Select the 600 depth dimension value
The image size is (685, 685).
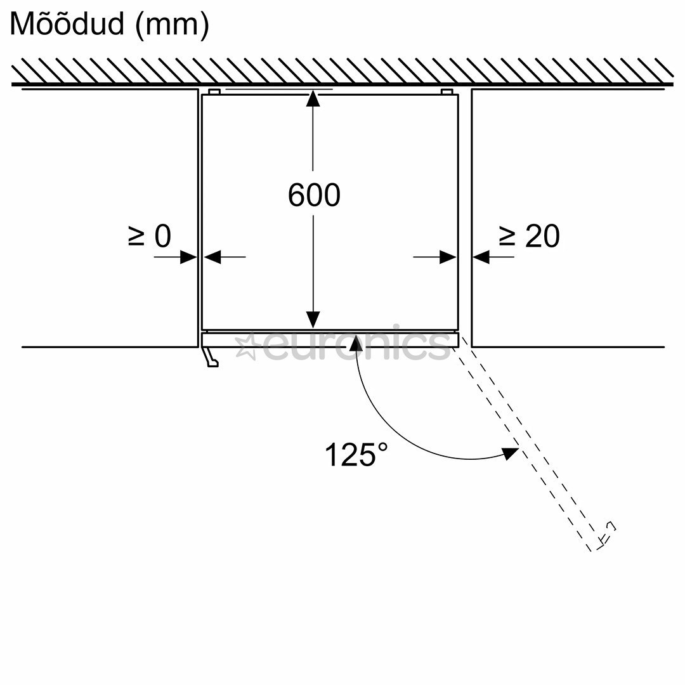[314, 195]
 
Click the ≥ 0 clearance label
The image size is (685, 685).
[150, 236]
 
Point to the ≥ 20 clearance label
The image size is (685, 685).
[529, 236]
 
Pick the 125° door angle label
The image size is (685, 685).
[356, 455]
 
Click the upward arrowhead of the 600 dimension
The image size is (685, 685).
[313, 99]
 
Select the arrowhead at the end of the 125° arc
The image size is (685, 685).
[510, 453]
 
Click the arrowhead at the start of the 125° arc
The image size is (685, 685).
[356, 343]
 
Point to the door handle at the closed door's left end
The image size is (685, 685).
[210, 358]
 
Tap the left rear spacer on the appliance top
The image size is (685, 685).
[214, 92]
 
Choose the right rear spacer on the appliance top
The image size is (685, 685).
[447, 92]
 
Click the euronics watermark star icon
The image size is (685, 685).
[246, 347]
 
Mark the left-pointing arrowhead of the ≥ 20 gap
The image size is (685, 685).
[481, 257]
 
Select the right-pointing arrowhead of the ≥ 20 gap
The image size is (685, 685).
[448, 257]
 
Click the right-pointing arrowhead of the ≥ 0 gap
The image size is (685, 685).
[188, 257]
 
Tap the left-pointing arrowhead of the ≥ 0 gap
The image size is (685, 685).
[212, 257]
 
